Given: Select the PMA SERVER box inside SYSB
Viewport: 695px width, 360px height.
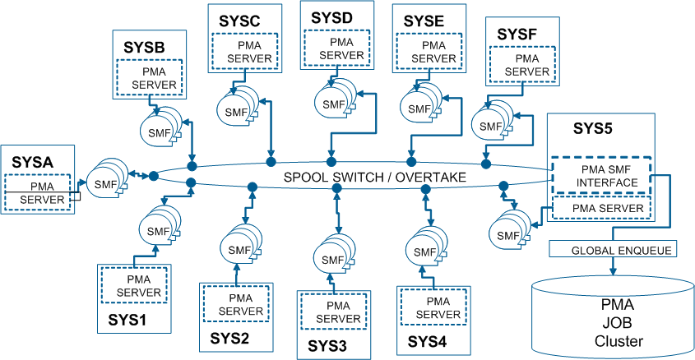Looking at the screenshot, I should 148,78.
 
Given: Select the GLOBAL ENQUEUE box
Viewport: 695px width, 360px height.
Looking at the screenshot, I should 610,249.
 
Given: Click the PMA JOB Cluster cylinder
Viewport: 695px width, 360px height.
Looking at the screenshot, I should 611,321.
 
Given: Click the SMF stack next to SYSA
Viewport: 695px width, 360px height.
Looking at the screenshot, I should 105,180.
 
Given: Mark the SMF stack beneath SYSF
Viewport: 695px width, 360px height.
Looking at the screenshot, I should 491,125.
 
